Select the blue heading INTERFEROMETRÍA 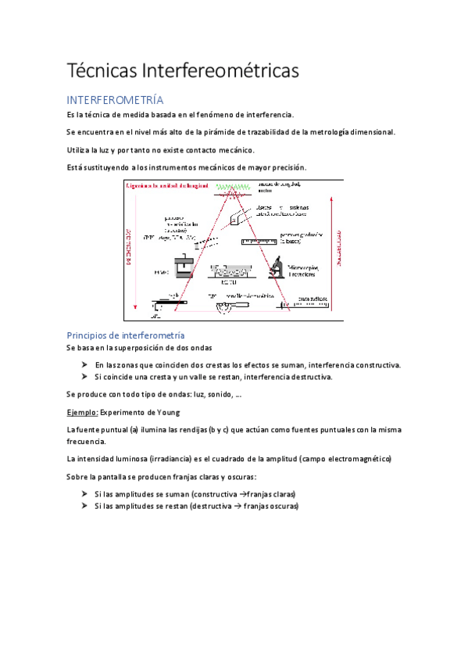pos(115,100)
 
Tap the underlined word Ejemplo pos(81,412)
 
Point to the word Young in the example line pos(167,412)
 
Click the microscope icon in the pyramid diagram pos(279,267)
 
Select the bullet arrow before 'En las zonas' pos(84,365)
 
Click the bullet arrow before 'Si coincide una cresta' pos(84,377)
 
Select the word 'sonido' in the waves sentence pos(205,394)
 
